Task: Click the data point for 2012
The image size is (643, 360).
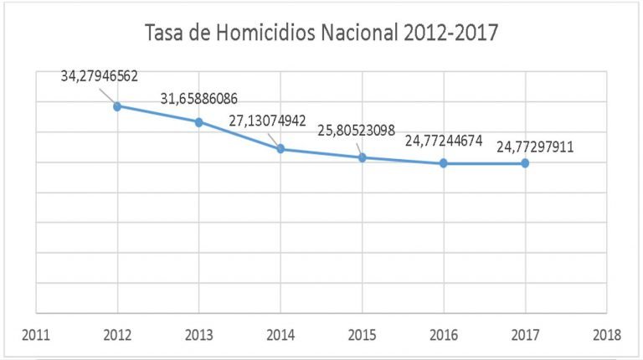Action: coord(118,106)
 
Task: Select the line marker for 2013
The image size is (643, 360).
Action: coord(199,122)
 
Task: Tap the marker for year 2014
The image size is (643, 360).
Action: coord(280,149)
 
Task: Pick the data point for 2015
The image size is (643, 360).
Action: coord(362,157)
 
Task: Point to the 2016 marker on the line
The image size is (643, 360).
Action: coord(444,163)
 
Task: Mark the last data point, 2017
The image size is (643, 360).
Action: coord(525,163)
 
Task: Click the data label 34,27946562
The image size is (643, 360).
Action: coord(100,76)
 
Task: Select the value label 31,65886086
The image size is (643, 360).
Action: coord(200,99)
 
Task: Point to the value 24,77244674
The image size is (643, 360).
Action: coord(444,140)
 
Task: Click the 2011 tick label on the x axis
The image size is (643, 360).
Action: coord(36,335)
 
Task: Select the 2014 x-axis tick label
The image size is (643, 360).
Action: coord(280,335)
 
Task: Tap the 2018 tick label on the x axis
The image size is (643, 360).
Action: coord(606,335)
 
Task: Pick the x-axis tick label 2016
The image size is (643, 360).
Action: coord(444,335)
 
